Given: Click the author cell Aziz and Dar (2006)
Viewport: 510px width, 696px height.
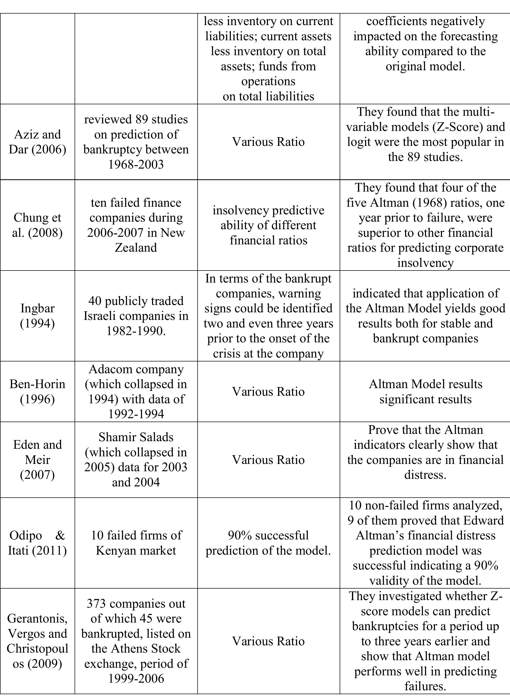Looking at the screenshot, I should [x=37, y=142].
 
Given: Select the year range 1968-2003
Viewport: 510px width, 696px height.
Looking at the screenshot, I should [x=136, y=164].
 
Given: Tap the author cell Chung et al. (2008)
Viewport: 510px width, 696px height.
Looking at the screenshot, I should [x=37, y=225].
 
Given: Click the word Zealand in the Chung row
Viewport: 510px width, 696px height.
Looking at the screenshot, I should [x=136, y=248].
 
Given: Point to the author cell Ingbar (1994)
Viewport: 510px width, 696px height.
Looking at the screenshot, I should [x=37, y=316].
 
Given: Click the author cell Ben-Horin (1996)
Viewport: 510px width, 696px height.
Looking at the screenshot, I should [x=37, y=392].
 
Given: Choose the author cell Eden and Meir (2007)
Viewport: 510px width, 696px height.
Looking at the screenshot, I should [x=37, y=459].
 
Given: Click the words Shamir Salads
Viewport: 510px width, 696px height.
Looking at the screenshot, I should [x=136, y=437].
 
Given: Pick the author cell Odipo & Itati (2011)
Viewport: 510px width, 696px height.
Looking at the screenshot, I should [x=37, y=543].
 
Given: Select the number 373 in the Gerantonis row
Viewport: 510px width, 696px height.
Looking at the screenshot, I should [x=96, y=603].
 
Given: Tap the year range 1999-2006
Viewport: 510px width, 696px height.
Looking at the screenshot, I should [x=136, y=678].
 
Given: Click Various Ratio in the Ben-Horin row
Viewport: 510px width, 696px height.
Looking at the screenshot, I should [x=268, y=392].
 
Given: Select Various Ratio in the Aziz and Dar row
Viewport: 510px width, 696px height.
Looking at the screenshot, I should [x=268, y=142].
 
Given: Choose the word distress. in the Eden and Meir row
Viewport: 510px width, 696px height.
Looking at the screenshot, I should [x=425, y=475].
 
